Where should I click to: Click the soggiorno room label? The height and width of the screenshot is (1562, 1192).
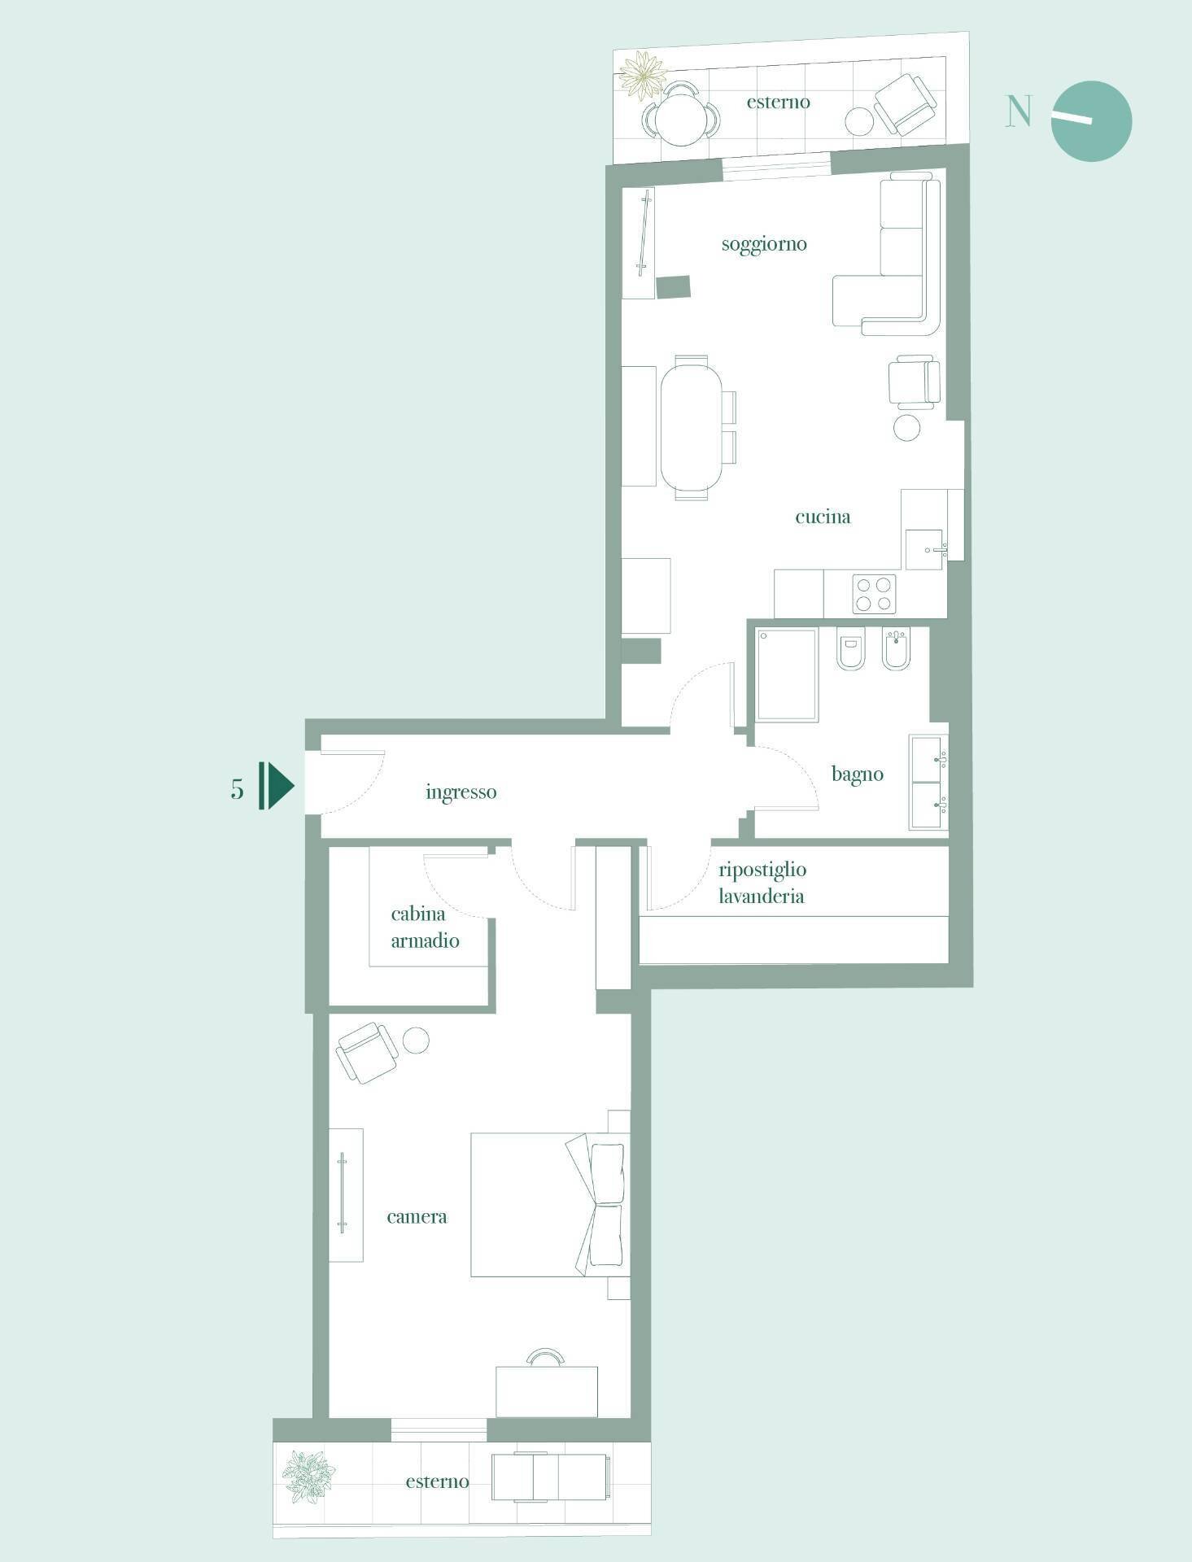coord(764,245)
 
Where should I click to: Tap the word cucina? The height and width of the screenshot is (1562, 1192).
coord(823,517)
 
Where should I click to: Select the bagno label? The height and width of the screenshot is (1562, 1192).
coord(858,774)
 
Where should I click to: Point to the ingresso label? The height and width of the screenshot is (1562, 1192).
coord(461,792)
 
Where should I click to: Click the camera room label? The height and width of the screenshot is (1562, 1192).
coord(417,1217)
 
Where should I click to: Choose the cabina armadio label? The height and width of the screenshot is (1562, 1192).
coord(425,927)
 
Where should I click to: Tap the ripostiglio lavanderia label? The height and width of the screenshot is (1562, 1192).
coord(762,883)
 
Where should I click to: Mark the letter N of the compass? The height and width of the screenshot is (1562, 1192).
coord(1019,111)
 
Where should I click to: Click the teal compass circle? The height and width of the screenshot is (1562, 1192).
coord(1091,121)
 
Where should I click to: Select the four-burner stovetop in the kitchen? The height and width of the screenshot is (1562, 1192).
coord(874,594)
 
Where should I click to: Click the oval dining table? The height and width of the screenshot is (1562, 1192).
coord(691,428)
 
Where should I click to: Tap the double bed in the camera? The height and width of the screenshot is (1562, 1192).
coord(550,1204)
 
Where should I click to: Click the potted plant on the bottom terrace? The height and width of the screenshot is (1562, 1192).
coord(308,1477)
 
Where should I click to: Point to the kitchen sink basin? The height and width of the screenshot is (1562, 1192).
coord(925,549)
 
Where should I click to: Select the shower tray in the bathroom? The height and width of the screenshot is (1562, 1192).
coord(787,674)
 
